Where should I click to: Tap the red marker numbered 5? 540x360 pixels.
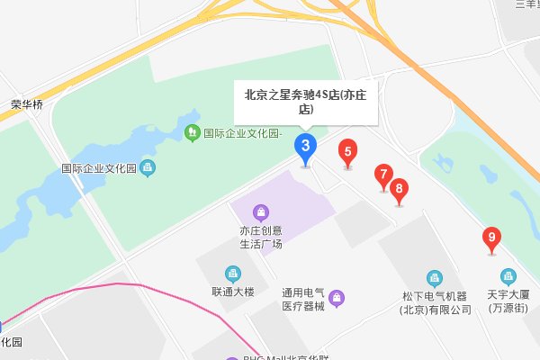pos(347,152)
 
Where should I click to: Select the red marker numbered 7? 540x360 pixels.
pos(384,175)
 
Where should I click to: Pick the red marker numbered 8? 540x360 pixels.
pos(400,189)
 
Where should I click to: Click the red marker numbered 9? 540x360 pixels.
pos(491,238)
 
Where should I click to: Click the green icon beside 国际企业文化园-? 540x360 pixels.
pos(192,133)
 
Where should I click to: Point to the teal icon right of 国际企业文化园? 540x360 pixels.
pos(148,167)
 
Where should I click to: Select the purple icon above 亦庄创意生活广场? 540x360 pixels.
pos(261,212)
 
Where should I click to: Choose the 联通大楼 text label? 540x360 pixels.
pos(234,292)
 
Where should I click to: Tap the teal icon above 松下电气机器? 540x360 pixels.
pos(436,277)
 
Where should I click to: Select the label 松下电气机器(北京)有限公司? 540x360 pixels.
pos(436,302)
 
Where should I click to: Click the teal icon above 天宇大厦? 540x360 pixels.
pos(509,275)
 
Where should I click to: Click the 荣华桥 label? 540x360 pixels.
pos(27,103)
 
